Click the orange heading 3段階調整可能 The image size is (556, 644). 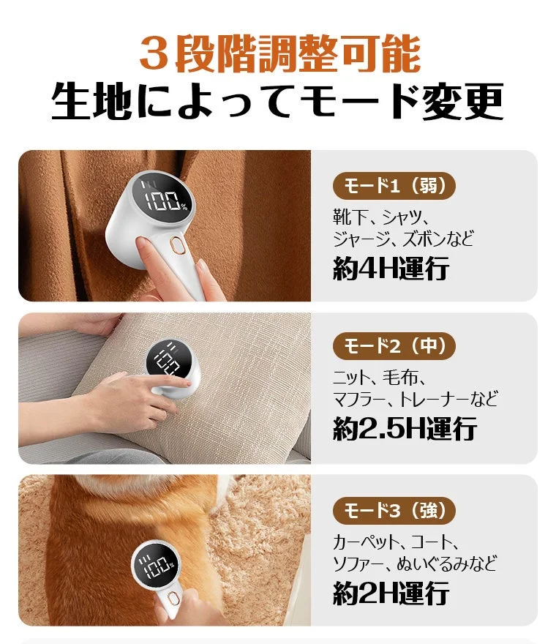(x=279, y=54)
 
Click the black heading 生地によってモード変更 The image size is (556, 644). (x=278, y=102)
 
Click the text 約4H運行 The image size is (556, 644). (x=391, y=269)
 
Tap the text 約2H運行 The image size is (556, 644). (x=391, y=593)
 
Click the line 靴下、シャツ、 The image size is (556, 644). (x=380, y=217)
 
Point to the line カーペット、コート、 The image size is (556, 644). (x=396, y=542)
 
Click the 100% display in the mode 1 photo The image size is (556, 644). (x=166, y=201)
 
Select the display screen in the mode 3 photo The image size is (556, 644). (x=154, y=567)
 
